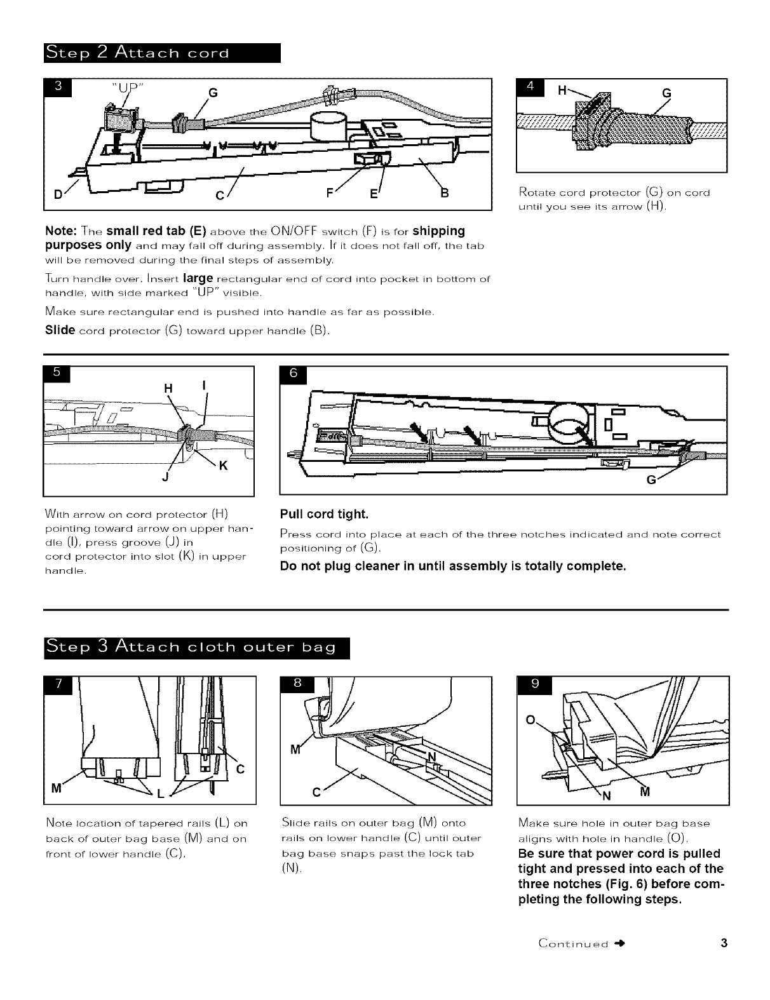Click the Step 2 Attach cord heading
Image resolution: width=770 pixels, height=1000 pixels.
click(162, 52)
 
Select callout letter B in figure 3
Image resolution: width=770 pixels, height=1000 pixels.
click(445, 193)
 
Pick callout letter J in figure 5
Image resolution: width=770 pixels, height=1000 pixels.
click(165, 478)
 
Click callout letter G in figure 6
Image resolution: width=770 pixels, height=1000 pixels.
click(651, 480)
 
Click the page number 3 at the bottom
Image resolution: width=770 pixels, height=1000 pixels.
click(724, 942)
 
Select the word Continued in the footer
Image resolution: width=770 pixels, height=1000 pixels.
click(573, 942)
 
